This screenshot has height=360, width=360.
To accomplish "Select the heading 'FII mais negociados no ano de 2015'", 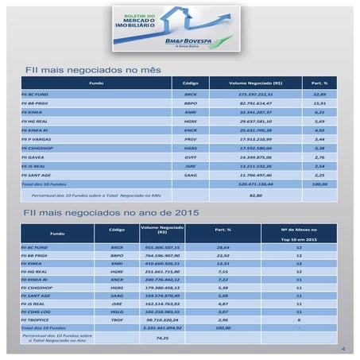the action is pos(111,213).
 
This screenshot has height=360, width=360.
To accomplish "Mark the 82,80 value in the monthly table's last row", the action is pos(255,194).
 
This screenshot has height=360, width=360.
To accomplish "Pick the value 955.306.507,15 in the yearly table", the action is pos(162,247).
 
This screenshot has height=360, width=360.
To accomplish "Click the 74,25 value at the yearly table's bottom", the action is pos(162,338).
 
